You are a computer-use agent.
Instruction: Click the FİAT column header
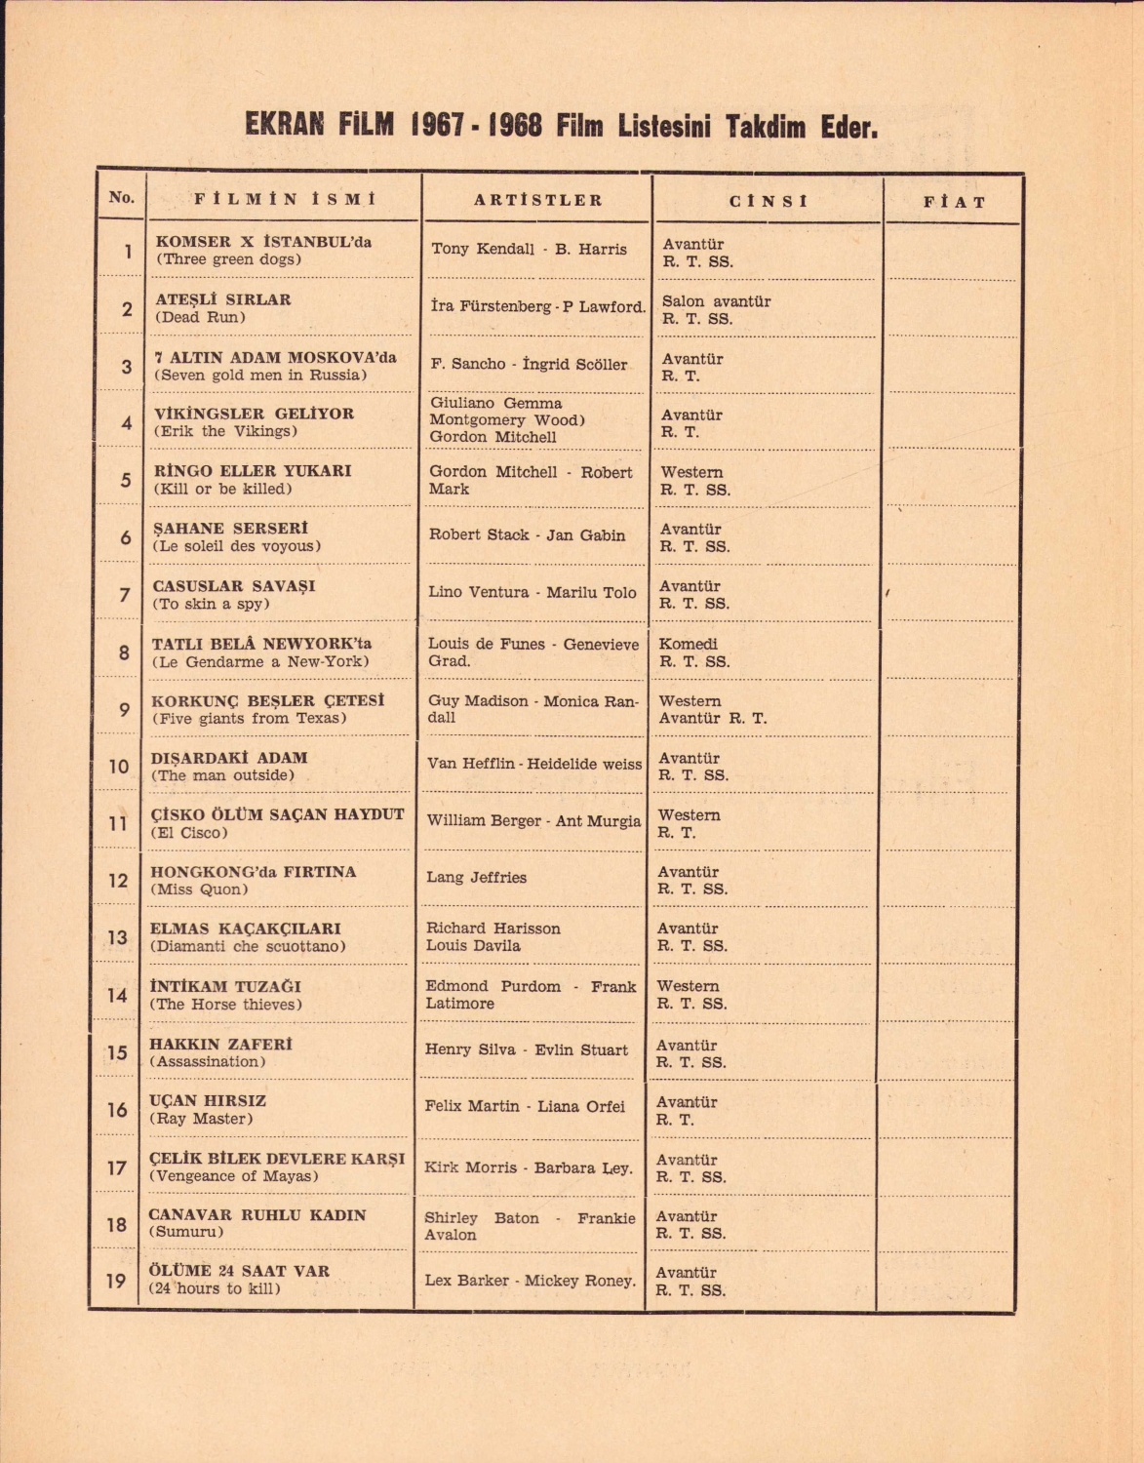[x=954, y=202]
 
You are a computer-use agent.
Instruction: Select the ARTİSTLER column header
[x=538, y=200]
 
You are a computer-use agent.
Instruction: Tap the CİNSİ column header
[x=769, y=201]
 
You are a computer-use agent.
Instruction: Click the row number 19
[x=116, y=1281]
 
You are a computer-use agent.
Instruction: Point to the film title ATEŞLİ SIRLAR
[x=223, y=299]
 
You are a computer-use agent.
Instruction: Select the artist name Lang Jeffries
[x=476, y=877]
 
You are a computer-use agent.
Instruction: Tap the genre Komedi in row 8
[x=689, y=644]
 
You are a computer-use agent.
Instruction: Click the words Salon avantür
[x=716, y=301]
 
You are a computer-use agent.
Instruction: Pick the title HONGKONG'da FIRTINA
[x=254, y=872]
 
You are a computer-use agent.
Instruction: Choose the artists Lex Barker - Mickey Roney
[x=531, y=1280]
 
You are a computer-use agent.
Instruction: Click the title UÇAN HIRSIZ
[x=208, y=1100]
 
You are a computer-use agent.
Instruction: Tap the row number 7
[x=124, y=594]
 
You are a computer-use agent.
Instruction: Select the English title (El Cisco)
[x=189, y=833]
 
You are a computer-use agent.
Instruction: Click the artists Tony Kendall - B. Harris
[x=529, y=249]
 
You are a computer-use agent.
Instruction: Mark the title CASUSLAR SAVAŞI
[x=234, y=586]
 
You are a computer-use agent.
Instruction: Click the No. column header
[x=122, y=197]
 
